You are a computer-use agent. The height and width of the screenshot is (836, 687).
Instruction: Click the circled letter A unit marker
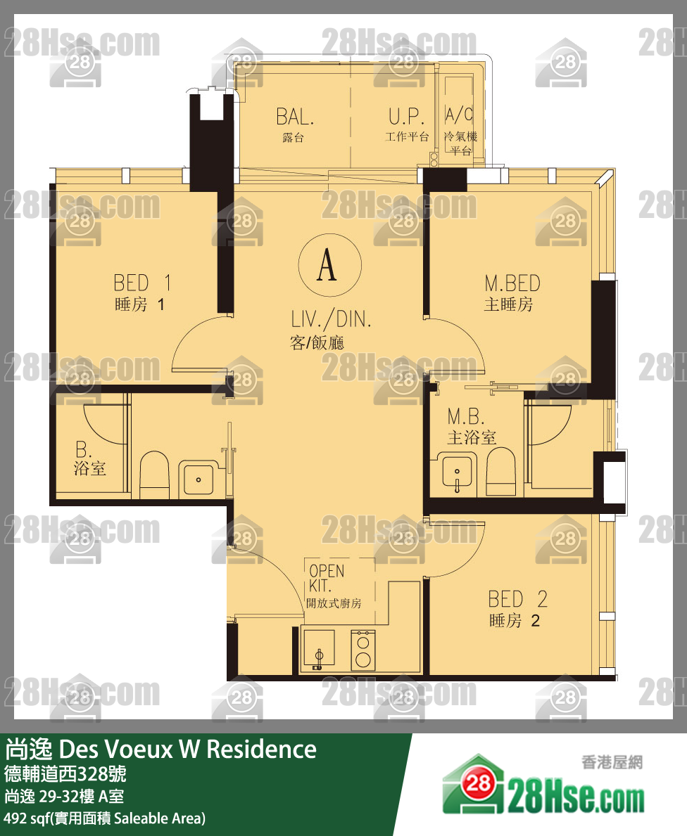pyautogui.click(x=330, y=265)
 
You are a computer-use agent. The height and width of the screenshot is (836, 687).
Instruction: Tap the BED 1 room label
pyautogui.click(x=141, y=292)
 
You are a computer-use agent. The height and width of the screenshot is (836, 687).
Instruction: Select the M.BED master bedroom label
pyautogui.click(x=512, y=292)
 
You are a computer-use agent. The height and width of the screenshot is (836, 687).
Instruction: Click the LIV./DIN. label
pyautogui.click(x=330, y=330)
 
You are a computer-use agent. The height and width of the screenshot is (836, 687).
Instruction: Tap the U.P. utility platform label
pyautogui.click(x=407, y=125)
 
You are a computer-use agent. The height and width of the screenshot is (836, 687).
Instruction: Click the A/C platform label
pyautogui.click(x=460, y=131)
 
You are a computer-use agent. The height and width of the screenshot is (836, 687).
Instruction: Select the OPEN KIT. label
pyautogui.click(x=333, y=586)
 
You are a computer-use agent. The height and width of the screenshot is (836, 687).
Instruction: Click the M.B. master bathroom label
pyautogui.click(x=471, y=427)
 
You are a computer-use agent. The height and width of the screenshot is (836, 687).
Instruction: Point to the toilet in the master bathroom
pyautogui.click(x=500, y=471)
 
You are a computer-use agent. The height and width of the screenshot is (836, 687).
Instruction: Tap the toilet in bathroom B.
pyautogui.click(x=154, y=475)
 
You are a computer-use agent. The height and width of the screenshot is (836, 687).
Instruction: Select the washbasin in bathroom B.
pyautogui.click(x=198, y=478)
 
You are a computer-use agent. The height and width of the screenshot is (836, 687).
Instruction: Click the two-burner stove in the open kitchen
pyautogui.click(x=363, y=650)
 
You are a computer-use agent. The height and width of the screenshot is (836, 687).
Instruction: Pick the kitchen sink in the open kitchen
pyautogui.click(x=319, y=649)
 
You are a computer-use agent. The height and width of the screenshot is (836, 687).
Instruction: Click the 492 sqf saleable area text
pyautogui.click(x=105, y=818)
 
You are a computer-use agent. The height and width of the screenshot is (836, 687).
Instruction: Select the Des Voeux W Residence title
pyautogui.click(x=187, y=750)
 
